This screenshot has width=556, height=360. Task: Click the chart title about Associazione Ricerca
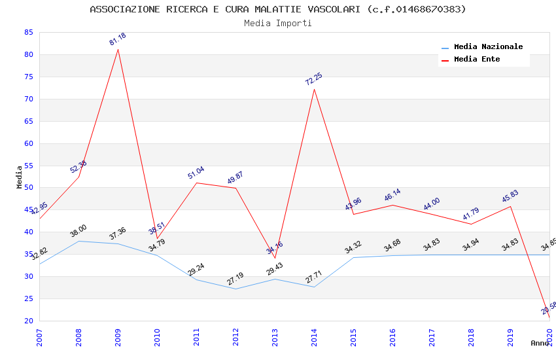tap(278, 9)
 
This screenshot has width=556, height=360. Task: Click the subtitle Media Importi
tap(278, 23)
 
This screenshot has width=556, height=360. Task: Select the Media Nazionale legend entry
tap(488, 47)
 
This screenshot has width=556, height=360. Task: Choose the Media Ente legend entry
tap(477, 60)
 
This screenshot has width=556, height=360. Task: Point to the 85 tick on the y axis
tap(27, 32)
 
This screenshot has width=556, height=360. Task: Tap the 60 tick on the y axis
tap(27, 143)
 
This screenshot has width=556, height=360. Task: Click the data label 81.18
tap(118, 39)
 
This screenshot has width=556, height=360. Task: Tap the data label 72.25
tap(314, 79)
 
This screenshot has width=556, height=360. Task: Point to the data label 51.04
tap(196, 173)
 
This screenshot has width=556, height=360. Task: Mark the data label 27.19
tap(235, 279)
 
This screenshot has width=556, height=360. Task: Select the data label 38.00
tap(78, 230)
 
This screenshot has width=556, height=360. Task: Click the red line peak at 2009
tap(118, 49)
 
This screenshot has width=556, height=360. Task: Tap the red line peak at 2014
tap(315, 89)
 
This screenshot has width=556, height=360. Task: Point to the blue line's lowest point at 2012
tap(236, 289)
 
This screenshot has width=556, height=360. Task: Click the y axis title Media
tap(20, 177)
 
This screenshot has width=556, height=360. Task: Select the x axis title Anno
tap(540, 343)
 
